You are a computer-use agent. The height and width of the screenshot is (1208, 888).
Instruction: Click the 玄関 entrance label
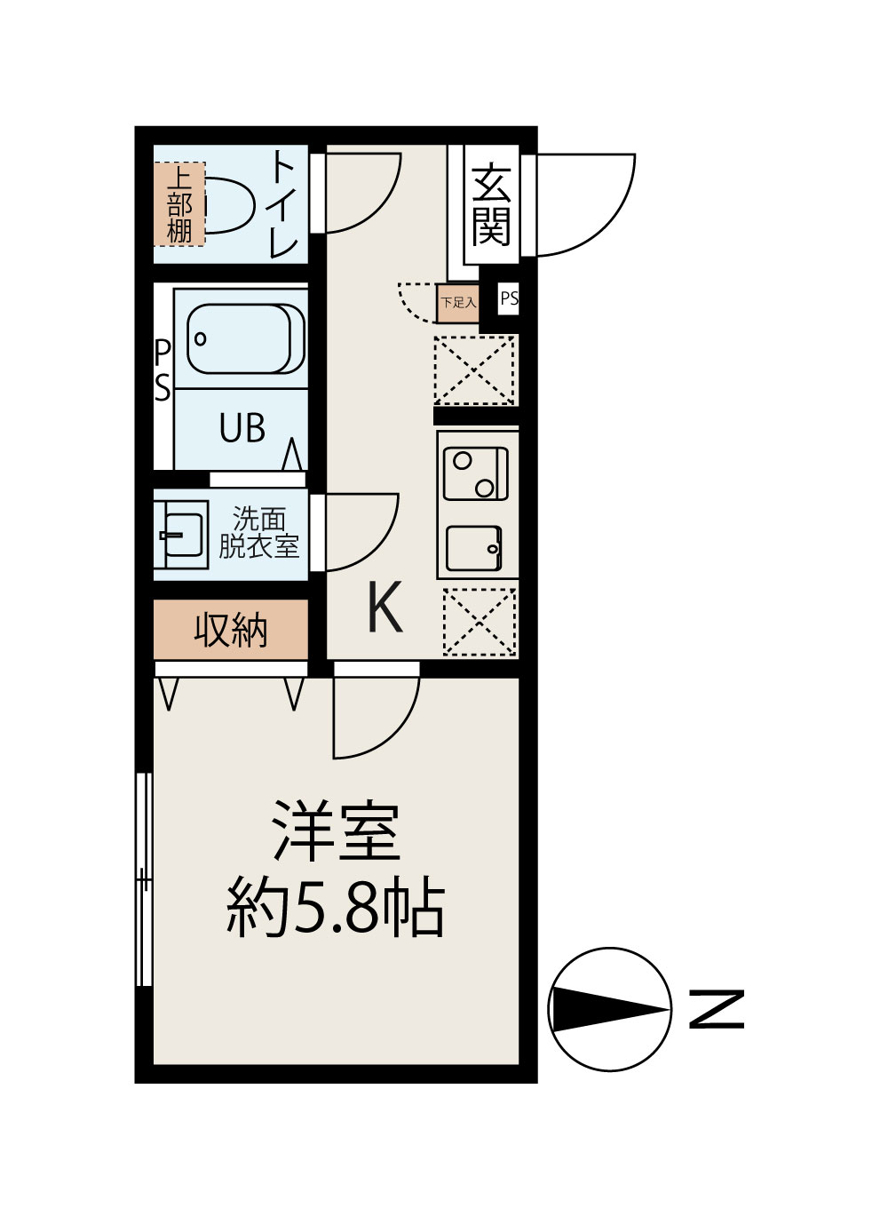click(x=491, y=206)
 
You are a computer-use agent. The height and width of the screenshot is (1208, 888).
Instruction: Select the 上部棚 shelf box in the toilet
click(x=179, y=204)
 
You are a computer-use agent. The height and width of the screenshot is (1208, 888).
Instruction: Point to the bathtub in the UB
click(x=244, y=338)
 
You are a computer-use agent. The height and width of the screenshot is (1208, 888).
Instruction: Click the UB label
click(x=242, y=429)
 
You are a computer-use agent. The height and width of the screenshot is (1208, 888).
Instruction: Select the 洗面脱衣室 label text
click(x=258, y=533)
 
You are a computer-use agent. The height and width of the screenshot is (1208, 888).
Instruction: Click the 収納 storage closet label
click(x=230, y=630)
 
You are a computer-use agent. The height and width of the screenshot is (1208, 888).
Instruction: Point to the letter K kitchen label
click(x=385, y=608)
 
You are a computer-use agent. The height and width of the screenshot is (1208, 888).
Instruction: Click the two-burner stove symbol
click(x=475, y=474)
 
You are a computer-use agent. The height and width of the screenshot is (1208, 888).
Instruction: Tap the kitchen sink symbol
click(x=474, y=548)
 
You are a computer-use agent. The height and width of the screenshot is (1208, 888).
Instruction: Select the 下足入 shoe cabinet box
click(x=458, y=303)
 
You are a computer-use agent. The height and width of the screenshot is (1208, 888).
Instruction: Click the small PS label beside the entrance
click(x=509, y=299)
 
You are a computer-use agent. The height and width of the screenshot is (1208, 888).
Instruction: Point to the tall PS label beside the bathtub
click(x=163, y=370)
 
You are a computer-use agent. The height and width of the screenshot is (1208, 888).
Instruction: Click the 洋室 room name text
click(x=337, y=831)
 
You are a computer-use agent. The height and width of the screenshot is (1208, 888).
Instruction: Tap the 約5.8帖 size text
click(x=336, y=908)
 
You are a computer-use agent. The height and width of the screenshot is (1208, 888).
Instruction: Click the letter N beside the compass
click(x=716, y=1009)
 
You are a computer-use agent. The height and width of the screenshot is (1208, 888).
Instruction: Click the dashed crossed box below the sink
click(x=479, y=622)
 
